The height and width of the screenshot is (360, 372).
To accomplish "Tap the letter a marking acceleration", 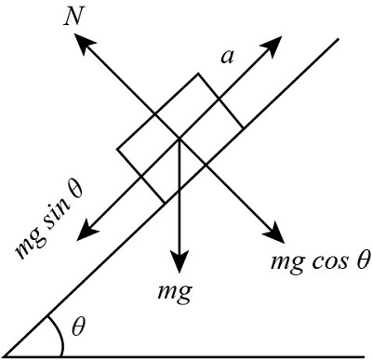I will coord(226,57).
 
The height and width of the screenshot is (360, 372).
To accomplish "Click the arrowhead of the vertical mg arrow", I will coord(178,262).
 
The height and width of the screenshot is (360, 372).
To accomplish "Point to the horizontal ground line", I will coord(186,355).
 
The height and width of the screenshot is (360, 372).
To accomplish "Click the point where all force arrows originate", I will coord(178,140).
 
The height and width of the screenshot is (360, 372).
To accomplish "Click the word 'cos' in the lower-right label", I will coord(328,261).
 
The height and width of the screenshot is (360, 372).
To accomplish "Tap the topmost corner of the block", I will coord(197,73).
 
